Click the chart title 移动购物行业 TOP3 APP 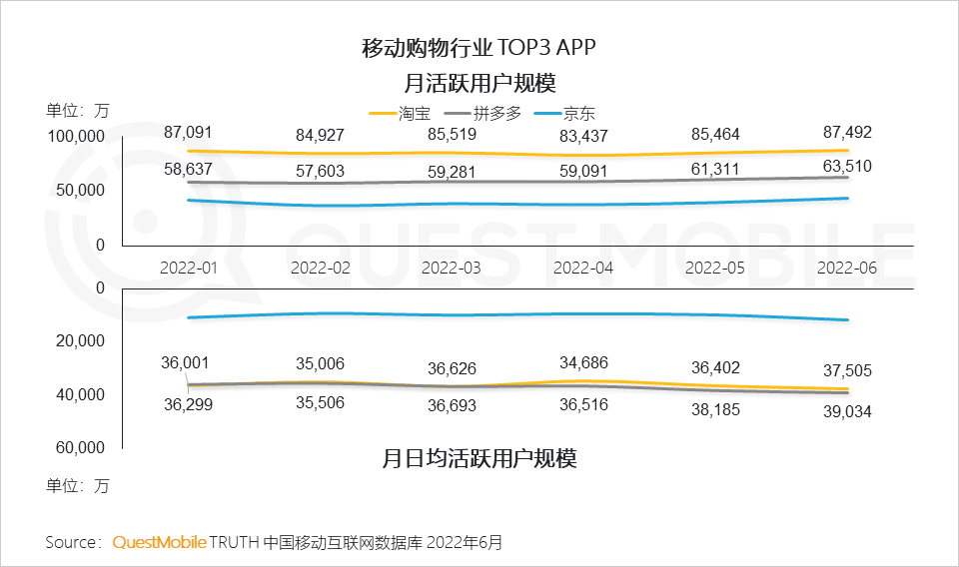(x=479, y=47)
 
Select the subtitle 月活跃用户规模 (x=479, y=82)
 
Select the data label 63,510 (x=846, y=166)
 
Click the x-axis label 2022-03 (x=451, y=268)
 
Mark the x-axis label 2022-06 (x=846, y=268)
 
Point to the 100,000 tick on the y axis (x=77, y=137)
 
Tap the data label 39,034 (x=846, y=411)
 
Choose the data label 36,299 (x=187, y=404)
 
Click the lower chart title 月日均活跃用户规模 (x=479, y=459)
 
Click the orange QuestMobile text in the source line (x=159, y=542)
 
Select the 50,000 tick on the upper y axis (x=81, y=191)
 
